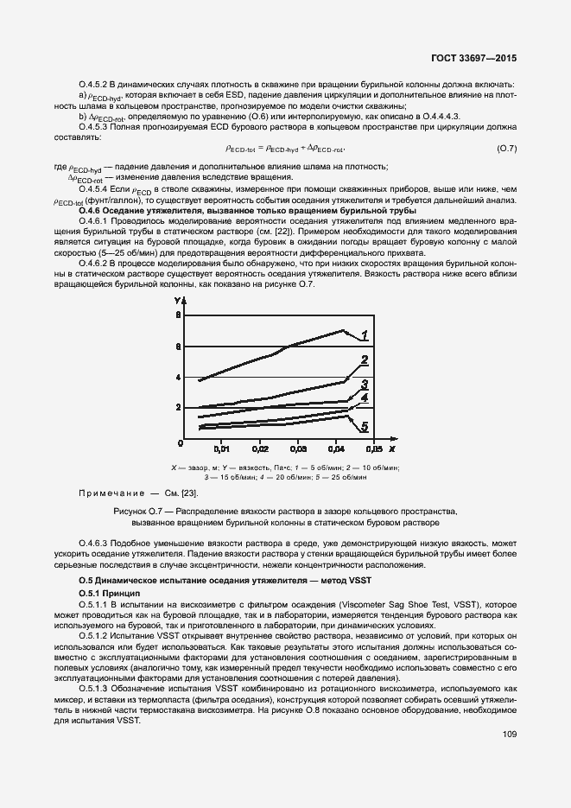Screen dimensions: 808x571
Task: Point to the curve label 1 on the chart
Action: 365,335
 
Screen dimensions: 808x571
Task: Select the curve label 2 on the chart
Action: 365,360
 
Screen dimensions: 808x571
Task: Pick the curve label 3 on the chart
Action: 365,385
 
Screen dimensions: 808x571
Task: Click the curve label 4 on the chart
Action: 365,398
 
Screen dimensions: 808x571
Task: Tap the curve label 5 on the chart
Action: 365,426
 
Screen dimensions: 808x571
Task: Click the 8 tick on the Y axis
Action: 179,316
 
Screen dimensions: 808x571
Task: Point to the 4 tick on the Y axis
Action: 179,378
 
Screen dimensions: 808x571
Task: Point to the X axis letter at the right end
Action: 391,449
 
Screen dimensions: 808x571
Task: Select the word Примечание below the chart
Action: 111,492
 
